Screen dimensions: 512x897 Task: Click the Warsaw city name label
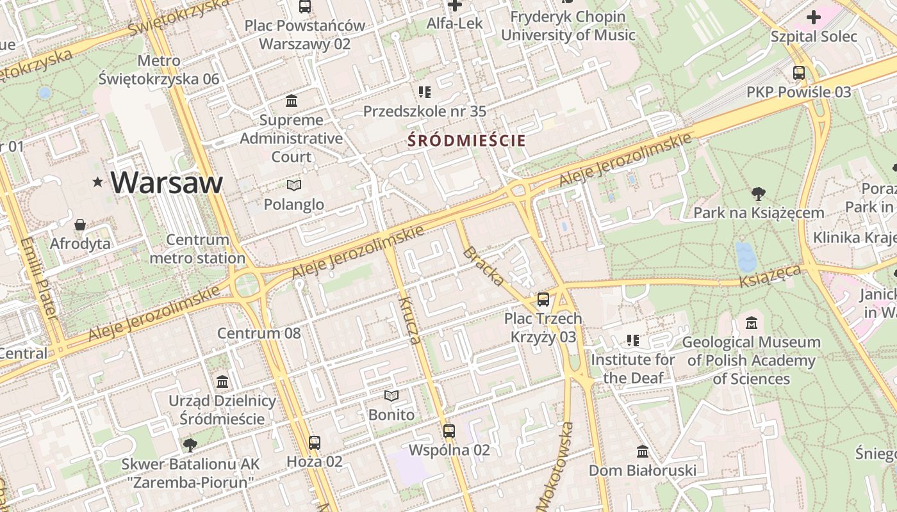pos(167,182)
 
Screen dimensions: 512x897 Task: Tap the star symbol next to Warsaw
pos(97,182)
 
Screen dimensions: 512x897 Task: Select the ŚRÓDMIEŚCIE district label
pos(466,141)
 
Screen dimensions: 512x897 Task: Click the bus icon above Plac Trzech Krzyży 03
pos(543,299)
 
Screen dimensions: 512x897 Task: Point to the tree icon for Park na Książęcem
pos(759,193)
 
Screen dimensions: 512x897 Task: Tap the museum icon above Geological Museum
pos(752,323)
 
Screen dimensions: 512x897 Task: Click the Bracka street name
pos(484,265)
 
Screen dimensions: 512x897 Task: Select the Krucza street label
pos(411,320)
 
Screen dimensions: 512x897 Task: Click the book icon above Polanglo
pos(294,186)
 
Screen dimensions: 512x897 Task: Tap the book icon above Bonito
pos(391,396)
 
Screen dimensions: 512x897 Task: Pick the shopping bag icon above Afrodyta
pos(80,225)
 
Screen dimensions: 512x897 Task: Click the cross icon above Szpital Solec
pos(814,17)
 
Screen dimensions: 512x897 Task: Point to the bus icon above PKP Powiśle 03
pos(799,73)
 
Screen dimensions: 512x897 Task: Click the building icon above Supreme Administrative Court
pos(292,101)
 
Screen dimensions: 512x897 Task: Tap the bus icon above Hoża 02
pos(314,442)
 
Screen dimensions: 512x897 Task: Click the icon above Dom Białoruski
pos(643,452)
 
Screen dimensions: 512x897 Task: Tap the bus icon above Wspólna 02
pos(449,431)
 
